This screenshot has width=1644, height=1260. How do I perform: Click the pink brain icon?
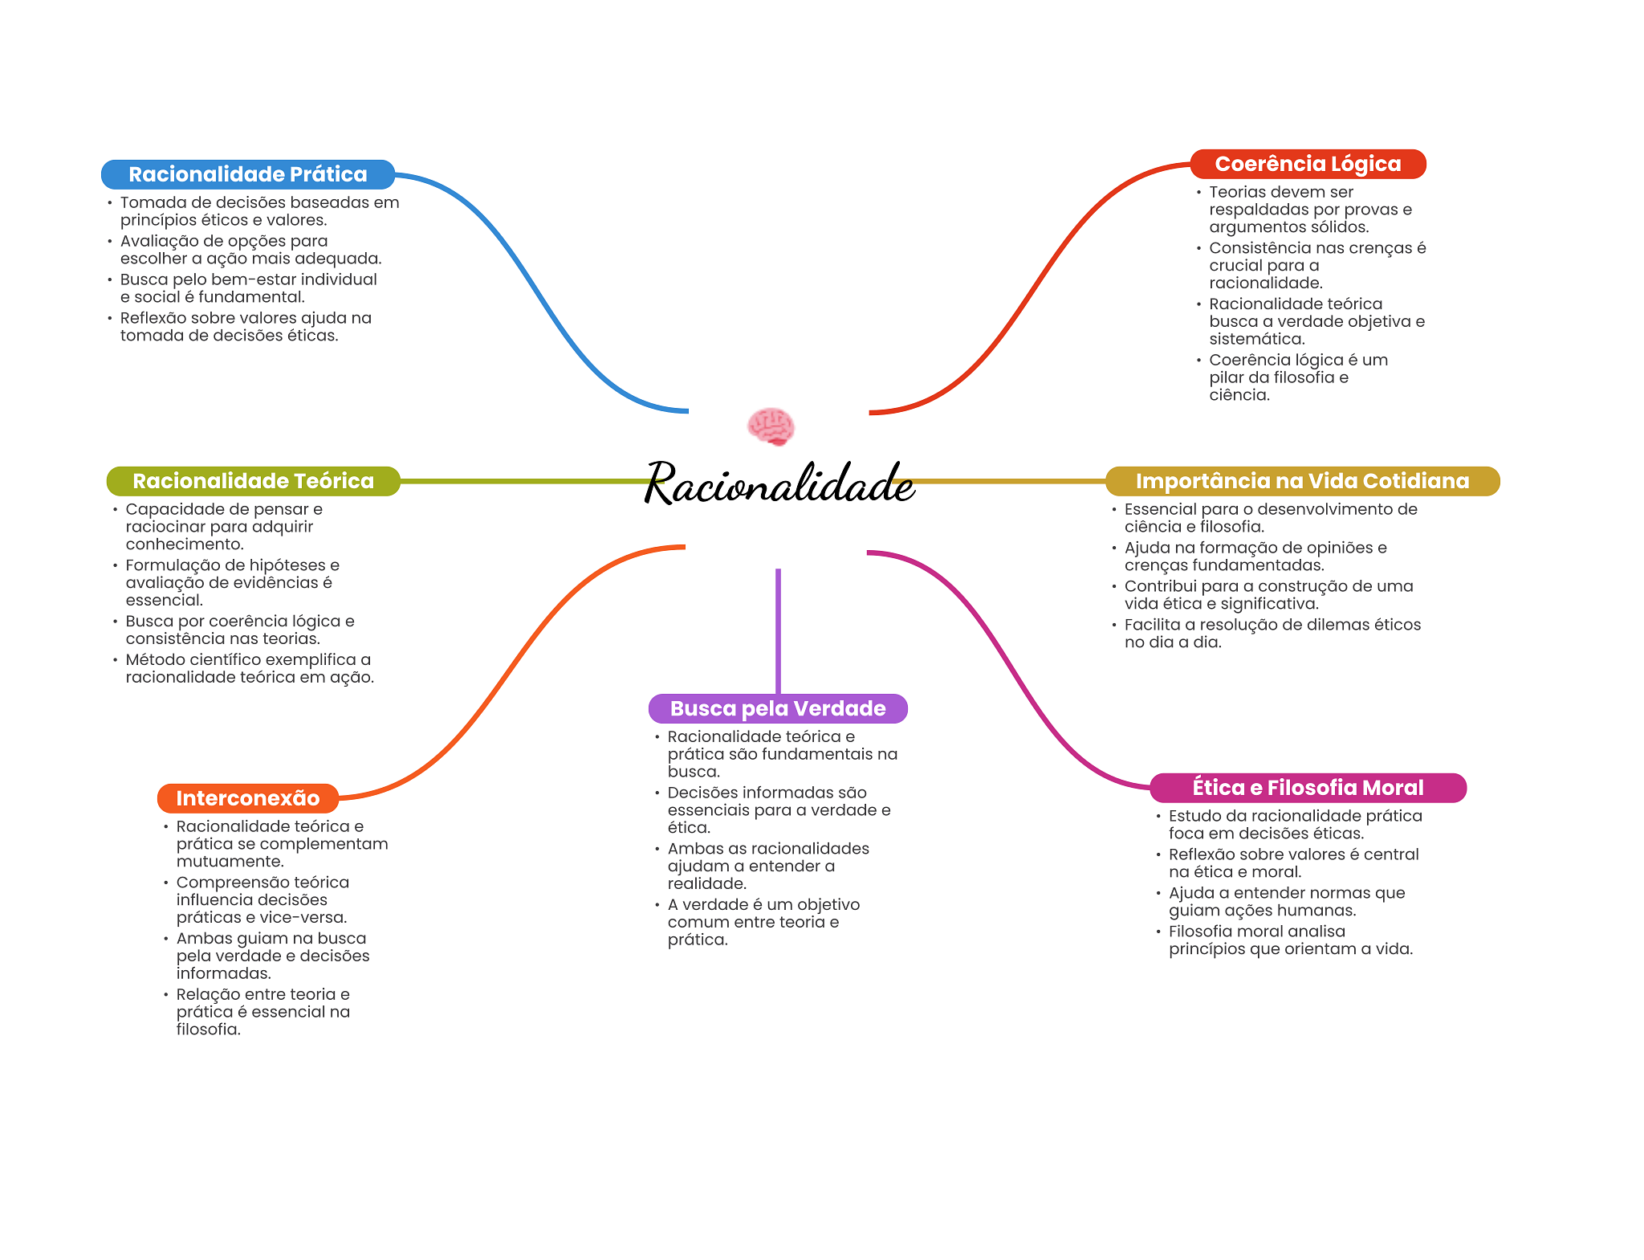click(771, 426)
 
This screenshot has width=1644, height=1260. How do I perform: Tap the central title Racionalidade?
click(779, 483)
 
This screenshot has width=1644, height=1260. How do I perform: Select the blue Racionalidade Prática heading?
click(247, 174)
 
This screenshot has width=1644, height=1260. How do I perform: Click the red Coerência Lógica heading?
click(1308, 164)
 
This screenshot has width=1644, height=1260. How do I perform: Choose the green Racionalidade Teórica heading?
click(253, 481)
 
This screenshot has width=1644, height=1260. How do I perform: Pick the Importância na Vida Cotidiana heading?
click(1302, 481)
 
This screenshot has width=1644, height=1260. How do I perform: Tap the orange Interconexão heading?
click(247, 798)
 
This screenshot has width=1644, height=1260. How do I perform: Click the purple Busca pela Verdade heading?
click(778, 708)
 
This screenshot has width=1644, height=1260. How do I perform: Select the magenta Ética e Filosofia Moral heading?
click(1308, 788)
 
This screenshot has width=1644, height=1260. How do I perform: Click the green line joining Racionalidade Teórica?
click(522, 481)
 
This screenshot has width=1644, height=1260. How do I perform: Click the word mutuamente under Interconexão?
click(230, 862)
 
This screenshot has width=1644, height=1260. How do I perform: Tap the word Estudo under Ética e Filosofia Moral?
click(1195, 816)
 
